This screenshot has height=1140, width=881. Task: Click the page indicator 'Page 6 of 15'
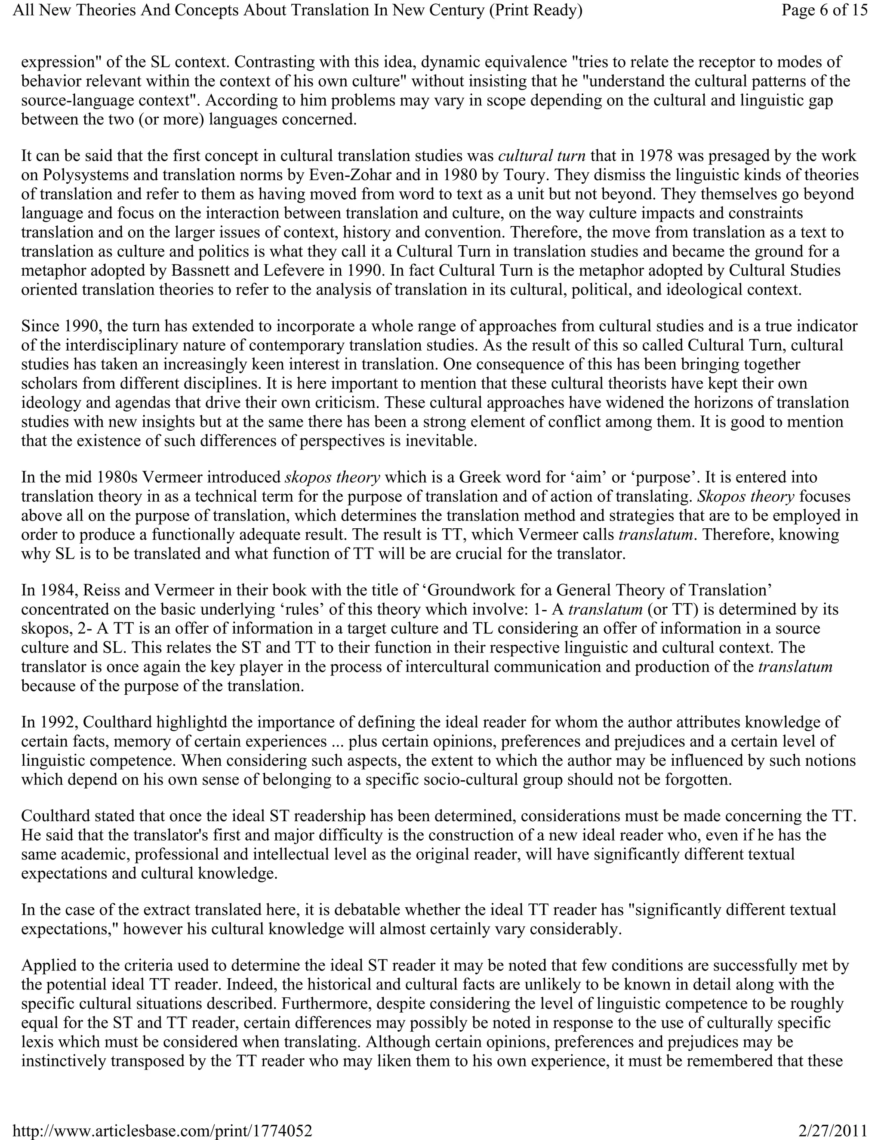(824, 10)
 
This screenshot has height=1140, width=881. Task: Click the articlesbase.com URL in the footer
(162, 1131)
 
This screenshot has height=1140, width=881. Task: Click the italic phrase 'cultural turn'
(542, 156)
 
